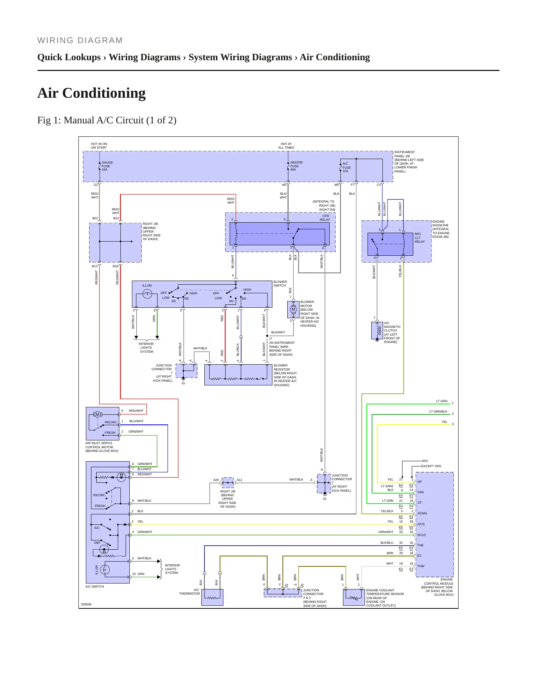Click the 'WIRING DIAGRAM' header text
tap(80, 41)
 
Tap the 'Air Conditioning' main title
tap(91, 93)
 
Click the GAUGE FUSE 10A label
tap(107, 166)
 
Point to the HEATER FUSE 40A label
tap(296, 166)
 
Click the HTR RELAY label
tap(325, 218)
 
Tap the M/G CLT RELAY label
tap(420, 238)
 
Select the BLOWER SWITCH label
tap(280, 284)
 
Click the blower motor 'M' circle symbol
tap(293, 309)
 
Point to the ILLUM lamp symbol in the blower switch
tap(147, 294)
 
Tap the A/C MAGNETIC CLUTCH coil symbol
tap(377, 330)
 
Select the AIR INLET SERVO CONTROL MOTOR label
tap(102, 447)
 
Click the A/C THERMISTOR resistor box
tap(212, 597)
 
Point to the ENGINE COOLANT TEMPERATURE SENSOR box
tap(354, 597)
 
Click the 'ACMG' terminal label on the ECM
tap(422, 513)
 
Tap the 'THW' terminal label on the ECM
tap(421, 566)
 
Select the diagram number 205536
tap(86, 604)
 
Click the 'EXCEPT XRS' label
tap(431, 466)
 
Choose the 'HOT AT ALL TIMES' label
tap(286, 146)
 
